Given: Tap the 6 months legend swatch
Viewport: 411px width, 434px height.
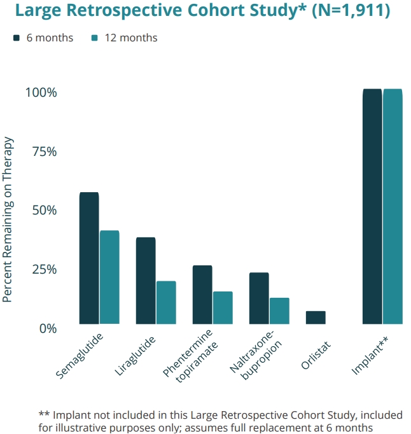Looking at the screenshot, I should (x=17, y=38).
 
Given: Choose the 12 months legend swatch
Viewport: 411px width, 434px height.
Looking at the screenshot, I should (x=94, y=38).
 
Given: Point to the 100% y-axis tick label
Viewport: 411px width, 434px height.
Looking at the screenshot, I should (x=41, y=92).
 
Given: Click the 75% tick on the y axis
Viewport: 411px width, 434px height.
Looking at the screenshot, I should (x=43, y=151).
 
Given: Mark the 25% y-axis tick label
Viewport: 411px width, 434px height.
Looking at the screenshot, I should (x=43, y=269).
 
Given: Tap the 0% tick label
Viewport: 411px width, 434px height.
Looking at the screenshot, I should (x=46, y=328).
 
